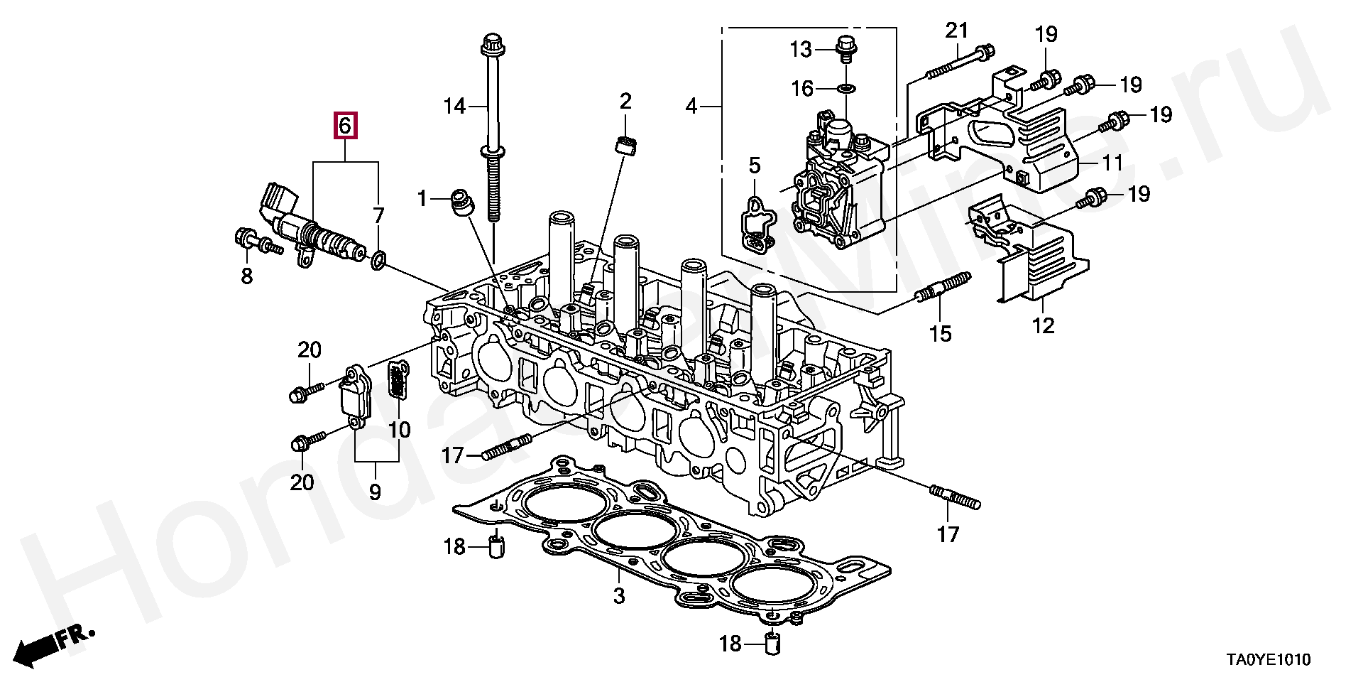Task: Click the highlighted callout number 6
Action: (345, 126)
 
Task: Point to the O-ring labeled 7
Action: (379, 261)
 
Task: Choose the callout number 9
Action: (375, 492)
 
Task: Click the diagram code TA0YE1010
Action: (1264, 660)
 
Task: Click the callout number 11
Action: (1112, 163)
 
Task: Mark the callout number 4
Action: (691, 107)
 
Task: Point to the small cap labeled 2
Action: (625, 146)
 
